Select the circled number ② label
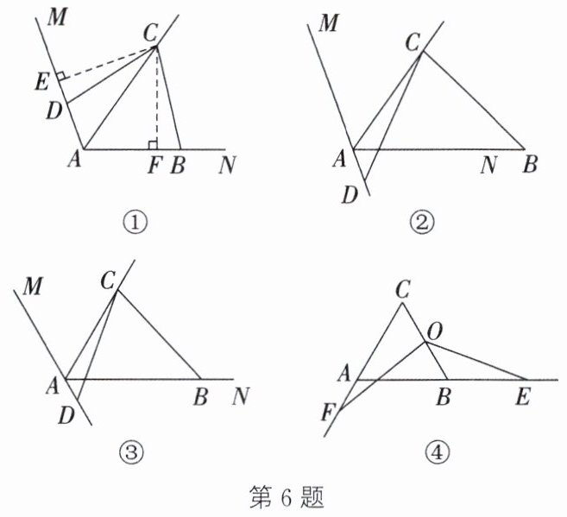(x=423, y=223)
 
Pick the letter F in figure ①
(x=154, y=165)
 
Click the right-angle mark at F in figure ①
(x=152, y=143)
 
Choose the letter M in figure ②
(x=328, y=22)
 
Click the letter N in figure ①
(x=227, y=165)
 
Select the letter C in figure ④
(x=402, y=290)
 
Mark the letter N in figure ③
(x=241, y=397)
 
